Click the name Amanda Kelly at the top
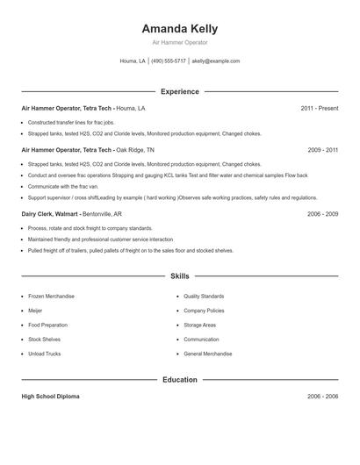pyautogui.click(x=179, y=28)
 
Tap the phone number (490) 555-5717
pyautogui.click(x=169, y=61)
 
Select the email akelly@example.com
pyautogui.click(x=216, y=61)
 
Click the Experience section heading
pyautogui.click(x=179, y=91)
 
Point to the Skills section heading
pyautogui.click(x=179, y=276)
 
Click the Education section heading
pyautogui.click(x=179, y=380)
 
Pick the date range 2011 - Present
pyautogui.click(x=319, y=108)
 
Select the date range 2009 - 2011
pyautogui.click(x=322, y=150)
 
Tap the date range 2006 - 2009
pyautogui.click(x=322, y=214)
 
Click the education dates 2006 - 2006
pyautogui.click(x=322, y=397)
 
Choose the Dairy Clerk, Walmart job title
pyautogui.click(x=50, y=214)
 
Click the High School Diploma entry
pyautogui.click(x=50, y=397)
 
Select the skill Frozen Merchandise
pyautogui.click(x=51, y=297)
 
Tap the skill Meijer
pyautogui.click(x=35, y=311)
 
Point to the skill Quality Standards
pyautogui.click(x=204, y=297)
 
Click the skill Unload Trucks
pyautogui.click(x=44, y=354)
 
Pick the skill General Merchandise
pyautogui.click(x=208, y=354)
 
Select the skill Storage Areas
pyautogui.click(x=199, y=325)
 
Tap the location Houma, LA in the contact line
pyautogui.click(x=133, y=61)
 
